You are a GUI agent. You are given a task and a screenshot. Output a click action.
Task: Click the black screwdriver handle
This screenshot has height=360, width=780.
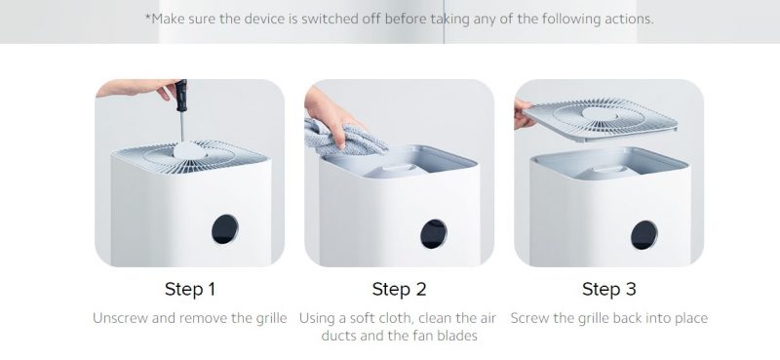(180, 95)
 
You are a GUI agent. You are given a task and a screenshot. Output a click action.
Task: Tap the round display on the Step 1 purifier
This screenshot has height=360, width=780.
(225, 229)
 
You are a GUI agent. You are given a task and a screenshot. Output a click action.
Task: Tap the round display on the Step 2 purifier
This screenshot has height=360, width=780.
(434, 234)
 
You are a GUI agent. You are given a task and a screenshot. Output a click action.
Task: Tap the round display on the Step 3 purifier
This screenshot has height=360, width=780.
(644, 235)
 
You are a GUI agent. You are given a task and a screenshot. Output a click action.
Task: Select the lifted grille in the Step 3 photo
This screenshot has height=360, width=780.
(601, 119)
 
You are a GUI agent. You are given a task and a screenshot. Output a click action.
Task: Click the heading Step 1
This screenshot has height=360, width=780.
(189, 290)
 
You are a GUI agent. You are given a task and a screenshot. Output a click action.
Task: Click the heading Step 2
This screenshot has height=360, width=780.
(399, 290)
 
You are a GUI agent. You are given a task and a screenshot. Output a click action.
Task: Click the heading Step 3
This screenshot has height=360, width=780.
(608, 290)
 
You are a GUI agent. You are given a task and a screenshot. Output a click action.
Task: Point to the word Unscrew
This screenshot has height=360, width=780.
(120, 318)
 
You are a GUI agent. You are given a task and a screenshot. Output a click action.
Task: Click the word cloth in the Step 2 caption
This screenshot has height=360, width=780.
(397, 318)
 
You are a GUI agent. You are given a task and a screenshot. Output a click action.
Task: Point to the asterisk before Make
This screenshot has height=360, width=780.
(148, 17)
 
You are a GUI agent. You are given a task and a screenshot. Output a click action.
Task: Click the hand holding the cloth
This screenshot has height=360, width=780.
(331, 117)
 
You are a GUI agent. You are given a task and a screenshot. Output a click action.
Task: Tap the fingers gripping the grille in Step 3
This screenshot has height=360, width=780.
(523, 114)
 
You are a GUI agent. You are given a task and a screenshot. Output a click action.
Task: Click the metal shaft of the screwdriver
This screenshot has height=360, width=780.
(182, 127)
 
